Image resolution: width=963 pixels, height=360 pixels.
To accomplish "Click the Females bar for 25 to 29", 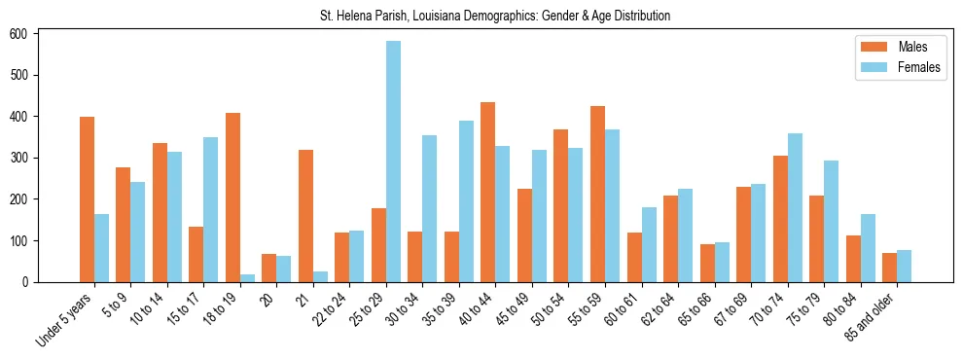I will [x=393, y=162].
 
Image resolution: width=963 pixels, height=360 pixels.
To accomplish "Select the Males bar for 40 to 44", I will [x=488, y=192].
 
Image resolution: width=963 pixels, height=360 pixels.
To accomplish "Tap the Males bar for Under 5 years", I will [x=87, y=199].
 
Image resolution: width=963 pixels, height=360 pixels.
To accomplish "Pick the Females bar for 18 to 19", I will [x=247, y=278].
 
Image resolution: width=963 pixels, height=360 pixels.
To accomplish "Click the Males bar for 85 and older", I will [x=889, y=268].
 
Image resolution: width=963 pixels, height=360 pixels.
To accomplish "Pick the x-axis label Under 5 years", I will [x=66, y=318].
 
